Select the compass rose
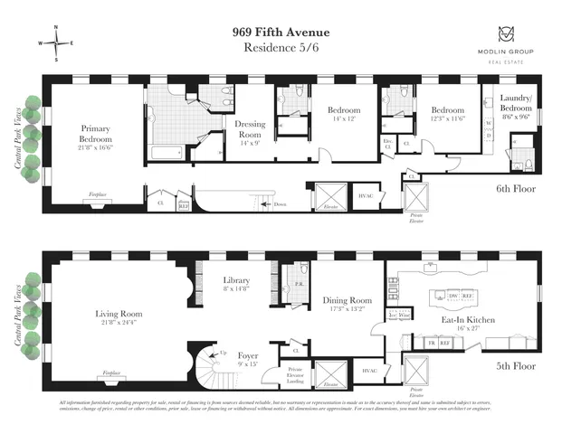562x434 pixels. (x=55, y=43)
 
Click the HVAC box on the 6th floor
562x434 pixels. (x=366, y=196)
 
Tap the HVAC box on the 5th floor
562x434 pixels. (x=369, y=371)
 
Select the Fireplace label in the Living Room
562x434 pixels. (x=111, y=373)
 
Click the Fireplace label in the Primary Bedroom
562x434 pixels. (x=99, y=193)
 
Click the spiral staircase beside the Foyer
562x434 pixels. (x=209, y=372)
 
